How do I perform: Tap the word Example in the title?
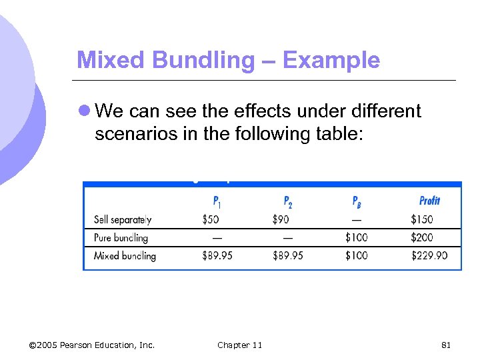(331, 61)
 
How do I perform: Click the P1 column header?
(217, 201)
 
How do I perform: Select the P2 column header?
(288, 201)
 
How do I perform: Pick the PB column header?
(357, 201)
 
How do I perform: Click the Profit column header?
(429, 201)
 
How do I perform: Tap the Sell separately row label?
(123, 219)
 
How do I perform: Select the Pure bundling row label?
(121, 237)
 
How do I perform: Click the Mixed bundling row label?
(125, 255)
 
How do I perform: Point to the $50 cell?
(211, 219)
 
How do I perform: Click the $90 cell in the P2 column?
(281, 219)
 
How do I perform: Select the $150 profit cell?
(421, 219)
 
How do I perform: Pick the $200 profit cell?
(421, 237)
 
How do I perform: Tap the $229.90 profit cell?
(429, 255)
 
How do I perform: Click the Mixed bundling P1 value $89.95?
(217, 255)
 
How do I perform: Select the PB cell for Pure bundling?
(356, 237)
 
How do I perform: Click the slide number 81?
(446, 345)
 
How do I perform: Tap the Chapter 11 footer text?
(239, 345)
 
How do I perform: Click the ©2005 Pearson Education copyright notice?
(92, 345)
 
